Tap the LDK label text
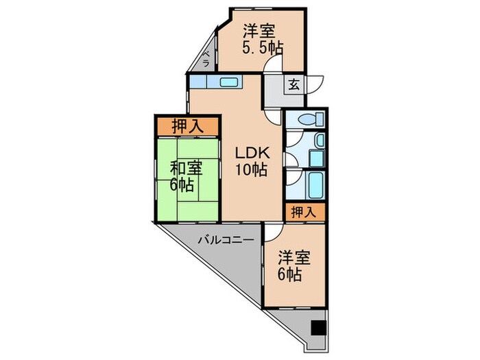pos(249,153)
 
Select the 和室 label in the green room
pos(184,167)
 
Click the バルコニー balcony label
pos(227,241)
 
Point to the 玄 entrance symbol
pos(293,85)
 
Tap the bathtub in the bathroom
pos(315,185)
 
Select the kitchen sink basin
pos(228,83)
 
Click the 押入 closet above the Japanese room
pos(187,126)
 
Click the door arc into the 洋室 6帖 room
pos(272,234)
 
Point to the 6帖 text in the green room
pos(184,184)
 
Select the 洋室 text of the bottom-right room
pos(294,259)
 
